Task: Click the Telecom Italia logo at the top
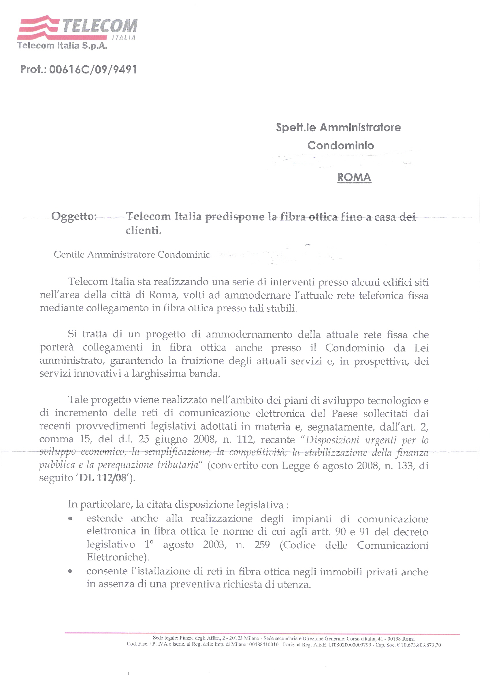(x=78, y=27)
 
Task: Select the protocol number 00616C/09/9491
(x=93, y=70)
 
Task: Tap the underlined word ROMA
(x=354, y=177)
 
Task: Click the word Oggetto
(x=74, y=216)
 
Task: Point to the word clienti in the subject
(x=143, y=230)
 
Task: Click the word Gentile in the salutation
(x=69, y=255)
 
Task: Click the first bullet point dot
(x=70, y=518)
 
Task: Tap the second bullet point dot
(x=70, y=571)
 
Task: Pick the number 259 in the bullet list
(x=262, y=545)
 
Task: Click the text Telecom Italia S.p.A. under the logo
(x=62, y=46)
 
